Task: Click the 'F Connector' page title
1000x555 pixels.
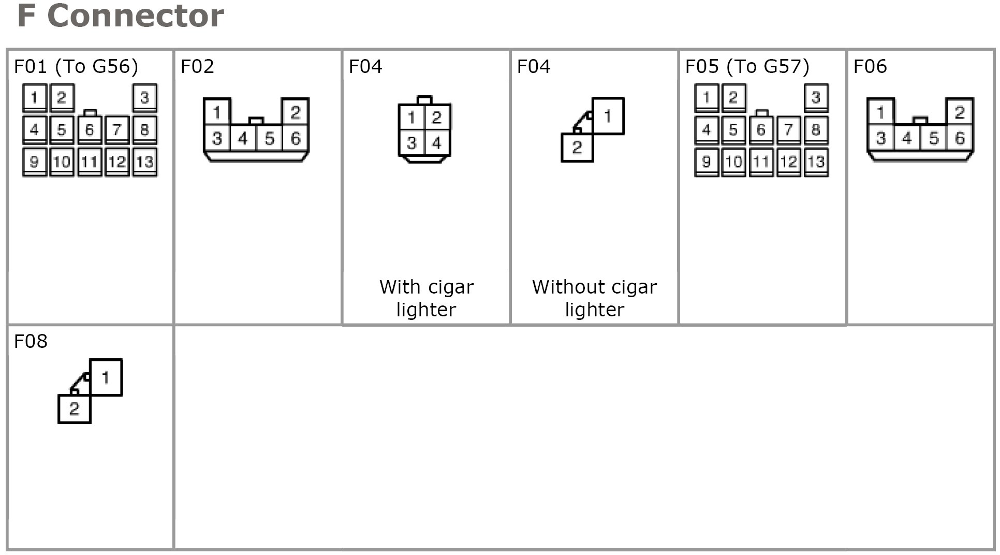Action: click(121, 16)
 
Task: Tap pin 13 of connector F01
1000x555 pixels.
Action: click(144, 162)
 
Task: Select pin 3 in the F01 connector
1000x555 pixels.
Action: click(144, 97)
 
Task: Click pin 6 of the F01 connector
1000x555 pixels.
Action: click(90, 129)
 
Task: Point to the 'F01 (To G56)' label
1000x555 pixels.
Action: click(76, 66)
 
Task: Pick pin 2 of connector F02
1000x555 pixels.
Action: click(295, 112)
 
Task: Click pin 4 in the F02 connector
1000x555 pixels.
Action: click(243, 138)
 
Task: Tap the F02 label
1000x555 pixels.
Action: click(197, 66)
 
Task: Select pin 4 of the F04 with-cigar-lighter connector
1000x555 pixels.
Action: click(437, 142)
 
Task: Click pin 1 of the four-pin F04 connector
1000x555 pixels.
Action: click(411, 117)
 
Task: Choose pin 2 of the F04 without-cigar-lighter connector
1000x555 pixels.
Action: click(577, 148)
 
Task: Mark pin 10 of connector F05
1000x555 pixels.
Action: click(733, 162)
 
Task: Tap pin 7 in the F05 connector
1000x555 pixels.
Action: click(788, 129)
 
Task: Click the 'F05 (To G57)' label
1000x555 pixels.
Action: click(747, 66)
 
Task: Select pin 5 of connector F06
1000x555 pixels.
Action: click(933, 138)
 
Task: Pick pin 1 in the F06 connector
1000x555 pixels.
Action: click(881, 112)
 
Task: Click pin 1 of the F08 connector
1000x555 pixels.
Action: click(106, 377)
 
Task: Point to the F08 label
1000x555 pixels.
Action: click(31, 341)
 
